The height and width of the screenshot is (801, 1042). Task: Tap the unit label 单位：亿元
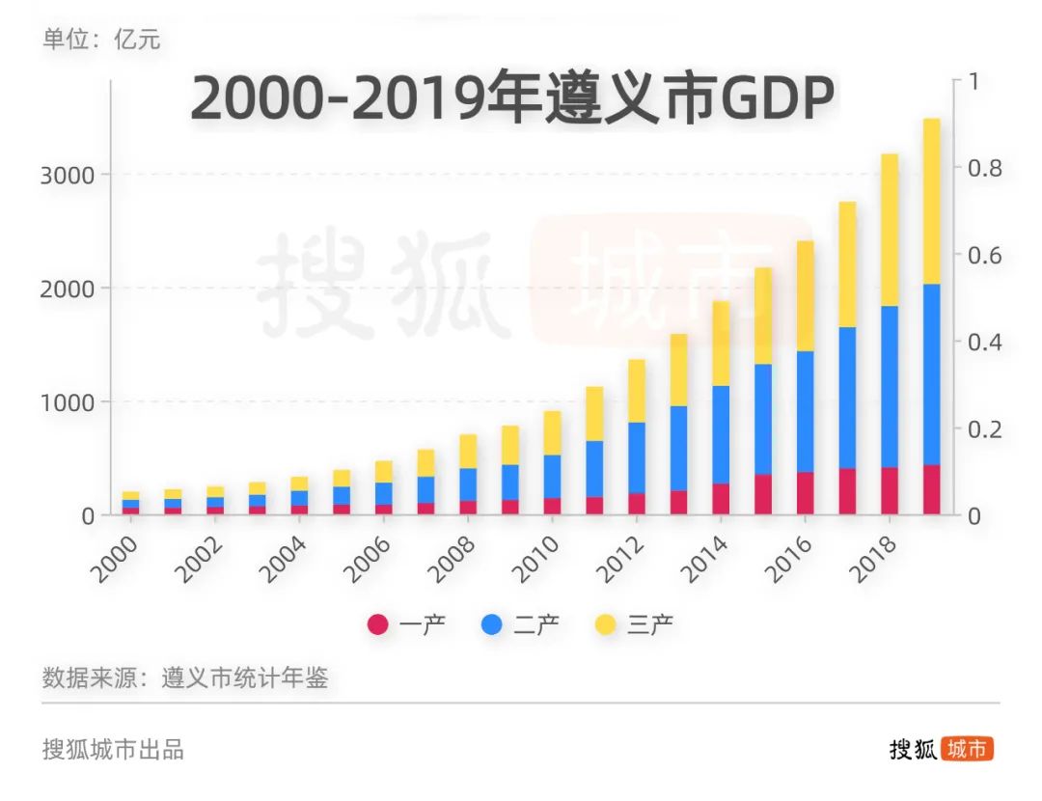click(101, 40)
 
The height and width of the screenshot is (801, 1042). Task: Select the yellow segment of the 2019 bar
click(932, 201)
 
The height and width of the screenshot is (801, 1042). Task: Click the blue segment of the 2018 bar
click(890, 387)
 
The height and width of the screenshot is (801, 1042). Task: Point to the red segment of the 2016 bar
click(805, 493)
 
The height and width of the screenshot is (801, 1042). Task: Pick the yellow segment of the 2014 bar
click(720, 343)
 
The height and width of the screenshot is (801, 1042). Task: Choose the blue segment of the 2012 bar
click(636, 457)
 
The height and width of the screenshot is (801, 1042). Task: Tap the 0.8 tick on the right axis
click(984, 168)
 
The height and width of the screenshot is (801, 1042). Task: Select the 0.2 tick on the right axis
click(984, 428)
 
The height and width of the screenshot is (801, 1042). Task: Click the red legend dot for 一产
click(378, 624)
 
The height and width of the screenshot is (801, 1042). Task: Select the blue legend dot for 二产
click(492, 624)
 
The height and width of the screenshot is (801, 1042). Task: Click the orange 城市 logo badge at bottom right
click(968, 749)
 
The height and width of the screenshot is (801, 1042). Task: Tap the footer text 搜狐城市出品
click(113, 749)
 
